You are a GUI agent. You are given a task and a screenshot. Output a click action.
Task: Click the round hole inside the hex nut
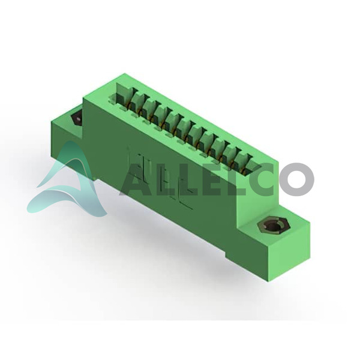click(x=273, y=227)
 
